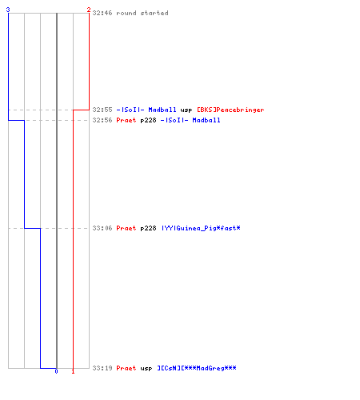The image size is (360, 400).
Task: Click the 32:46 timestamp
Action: tap(102, 13)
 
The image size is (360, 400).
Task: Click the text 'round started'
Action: tap(142, 13)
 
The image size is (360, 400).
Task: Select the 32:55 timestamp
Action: tap(102, 110)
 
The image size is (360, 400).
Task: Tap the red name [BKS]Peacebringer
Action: tap(230, 110)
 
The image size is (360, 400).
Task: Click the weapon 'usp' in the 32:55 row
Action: tap(186, 110)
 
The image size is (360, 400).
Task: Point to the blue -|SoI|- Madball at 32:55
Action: tap(146, 110)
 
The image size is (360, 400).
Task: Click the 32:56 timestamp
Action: tap(102, 120)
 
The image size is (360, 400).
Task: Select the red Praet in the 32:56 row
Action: tap(126, 120)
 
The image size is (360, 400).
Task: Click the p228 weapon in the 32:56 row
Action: tap(148, 121)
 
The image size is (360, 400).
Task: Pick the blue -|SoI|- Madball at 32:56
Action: tap(190, 120)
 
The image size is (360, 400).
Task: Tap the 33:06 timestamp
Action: tap(102, 228)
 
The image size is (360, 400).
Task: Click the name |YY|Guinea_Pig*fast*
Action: tap(201, 228)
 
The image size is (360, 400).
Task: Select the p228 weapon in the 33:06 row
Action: tap(148, 229)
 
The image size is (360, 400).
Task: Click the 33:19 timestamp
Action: tap(102, 368)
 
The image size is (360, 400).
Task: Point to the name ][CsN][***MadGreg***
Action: tap(197, 368)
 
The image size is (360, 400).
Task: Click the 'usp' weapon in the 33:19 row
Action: tap(146, 369)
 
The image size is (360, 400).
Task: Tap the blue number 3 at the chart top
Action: tap(8, 10)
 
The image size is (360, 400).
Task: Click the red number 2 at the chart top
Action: tap(89, 10)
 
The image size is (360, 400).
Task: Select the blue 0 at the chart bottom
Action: tap(56, 371)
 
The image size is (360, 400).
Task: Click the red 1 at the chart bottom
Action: tap(73, 371)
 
